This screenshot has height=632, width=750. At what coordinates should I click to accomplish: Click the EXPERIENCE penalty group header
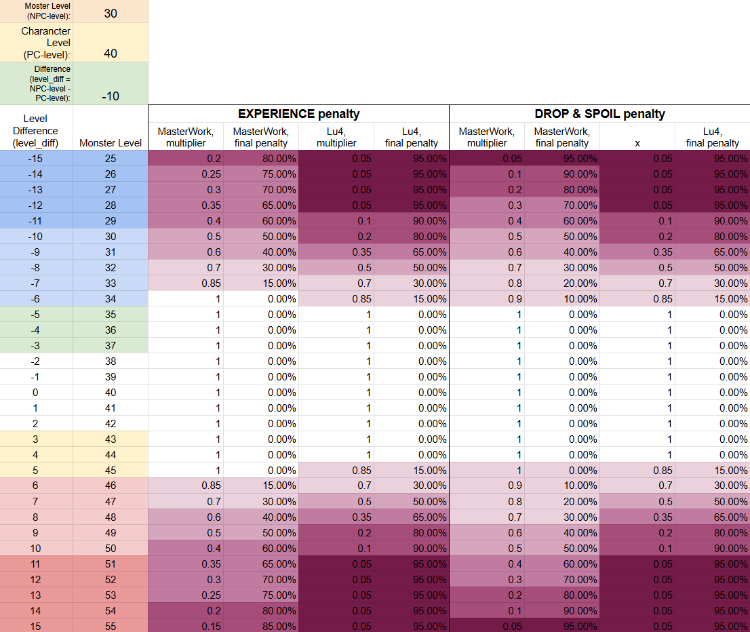pos(298,114)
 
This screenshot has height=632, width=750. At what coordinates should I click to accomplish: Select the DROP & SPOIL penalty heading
pos(600,114)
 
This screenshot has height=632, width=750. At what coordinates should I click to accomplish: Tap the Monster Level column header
pos(111,143)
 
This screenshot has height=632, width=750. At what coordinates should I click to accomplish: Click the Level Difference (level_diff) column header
pos(35,131)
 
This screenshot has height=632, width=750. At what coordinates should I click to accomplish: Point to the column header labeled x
pos(637,143)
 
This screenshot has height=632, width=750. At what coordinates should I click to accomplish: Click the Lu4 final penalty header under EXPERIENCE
pos(412,137)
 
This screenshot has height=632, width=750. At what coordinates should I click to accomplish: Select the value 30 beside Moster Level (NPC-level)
pos(111,14)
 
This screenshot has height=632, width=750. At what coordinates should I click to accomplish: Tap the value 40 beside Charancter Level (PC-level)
pos(111,54)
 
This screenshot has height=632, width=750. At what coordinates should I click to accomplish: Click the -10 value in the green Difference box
pos(111,96)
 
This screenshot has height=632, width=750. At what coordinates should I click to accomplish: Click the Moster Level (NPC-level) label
pos(47,11)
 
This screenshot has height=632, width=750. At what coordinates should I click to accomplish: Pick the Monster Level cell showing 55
pos(111,627)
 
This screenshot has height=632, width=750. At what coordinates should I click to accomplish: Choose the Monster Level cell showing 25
pos(111,159)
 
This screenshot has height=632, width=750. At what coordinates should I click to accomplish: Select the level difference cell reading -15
pos(35,159)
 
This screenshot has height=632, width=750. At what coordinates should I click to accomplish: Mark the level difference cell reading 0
pos(35,393)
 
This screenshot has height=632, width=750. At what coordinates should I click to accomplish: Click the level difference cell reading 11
pos(35,564)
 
